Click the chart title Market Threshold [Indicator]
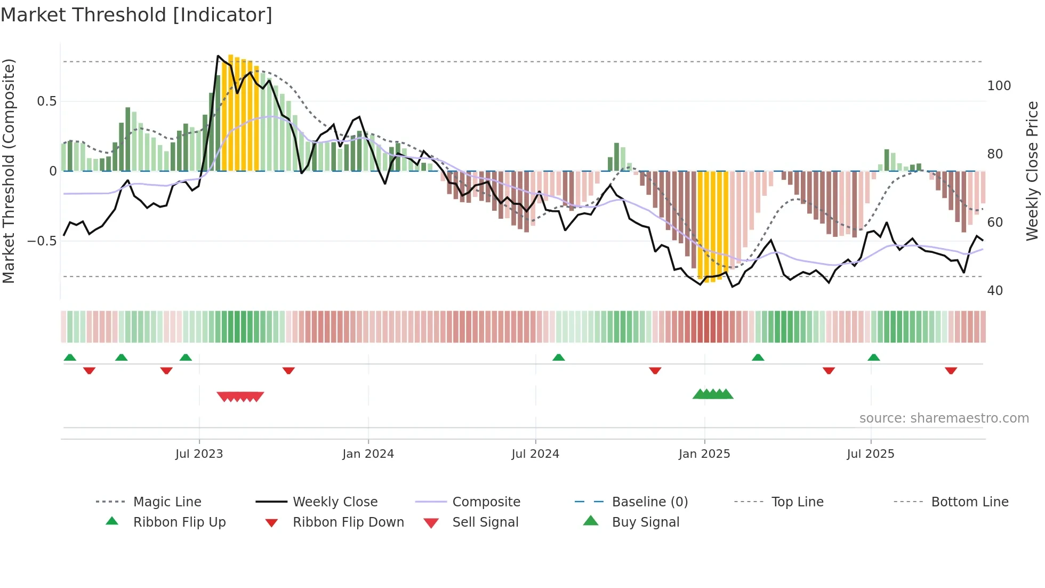point(136,15)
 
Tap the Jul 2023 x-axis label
point(199,454)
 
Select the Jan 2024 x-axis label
point(368,454)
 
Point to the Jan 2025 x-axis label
point(704,454)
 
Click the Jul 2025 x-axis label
point(870,454)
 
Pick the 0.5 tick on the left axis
point(47,101)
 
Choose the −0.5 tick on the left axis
point(42,241)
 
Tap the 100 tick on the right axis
point(999,86)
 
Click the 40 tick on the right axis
point(995,291)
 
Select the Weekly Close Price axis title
point(1032,171)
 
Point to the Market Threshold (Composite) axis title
point(9,171)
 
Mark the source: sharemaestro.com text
point(944,418)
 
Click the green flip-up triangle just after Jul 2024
point(558,357)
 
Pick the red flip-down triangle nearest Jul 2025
point(829,370)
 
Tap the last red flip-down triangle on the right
point(951,370)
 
